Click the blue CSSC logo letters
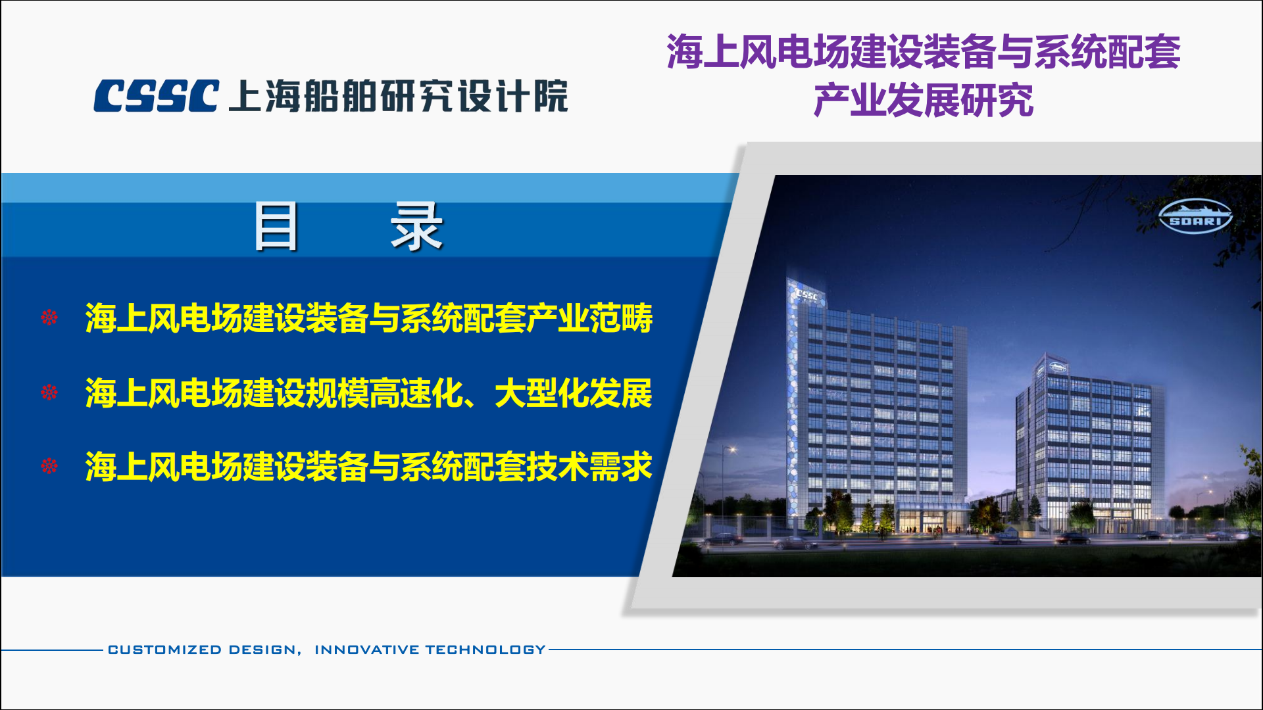[156, 96]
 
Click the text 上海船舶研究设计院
[398, 96]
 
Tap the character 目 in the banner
[276, 226]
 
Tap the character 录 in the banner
[416, 226]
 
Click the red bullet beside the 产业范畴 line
[49, 318]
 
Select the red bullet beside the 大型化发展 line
[49, 392]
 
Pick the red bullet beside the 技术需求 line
[49, 466]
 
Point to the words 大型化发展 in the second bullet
[573, 393]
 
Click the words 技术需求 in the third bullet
[589, 467]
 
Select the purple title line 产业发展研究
[923, 101]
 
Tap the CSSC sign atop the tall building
[806, 295]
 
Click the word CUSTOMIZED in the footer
[164, 650]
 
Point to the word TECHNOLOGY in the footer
[485, 650]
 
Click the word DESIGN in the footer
[262, 650]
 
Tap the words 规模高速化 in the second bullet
[384, 393]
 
